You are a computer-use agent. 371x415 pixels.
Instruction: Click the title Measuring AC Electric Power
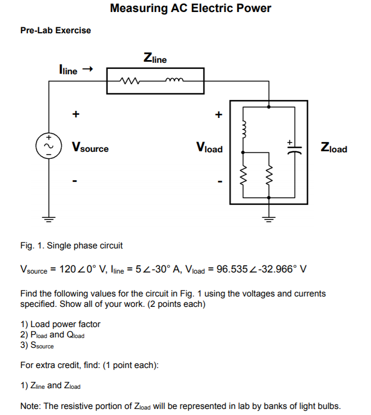pyautogui.click(x=190, y=9)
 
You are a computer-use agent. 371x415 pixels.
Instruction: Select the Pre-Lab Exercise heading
pyautogui.click(x=56, y=31)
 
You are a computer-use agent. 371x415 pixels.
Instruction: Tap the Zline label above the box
pyautogui.click(x=155, y=58)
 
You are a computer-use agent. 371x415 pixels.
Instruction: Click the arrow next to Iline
pyautogui.click(x=87, y=69)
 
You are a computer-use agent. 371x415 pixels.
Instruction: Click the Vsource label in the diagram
pyautogui.click(x=90, y=148)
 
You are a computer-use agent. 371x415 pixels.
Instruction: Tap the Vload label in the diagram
pyautogui.click(x=209, y=148)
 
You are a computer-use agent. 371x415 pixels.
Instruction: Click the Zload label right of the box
pyautogui.click(x=334, y=148)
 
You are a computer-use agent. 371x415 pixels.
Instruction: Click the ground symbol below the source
pyautogui.click(x=49, y=220)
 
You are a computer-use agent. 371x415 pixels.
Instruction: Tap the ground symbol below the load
pyautogui.click(x=268, y=220)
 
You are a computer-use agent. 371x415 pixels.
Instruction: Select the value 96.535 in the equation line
pyautogui.click(x=233, y=269)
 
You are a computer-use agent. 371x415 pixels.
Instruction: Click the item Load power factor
pyautogui.click(x=65, y=324)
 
